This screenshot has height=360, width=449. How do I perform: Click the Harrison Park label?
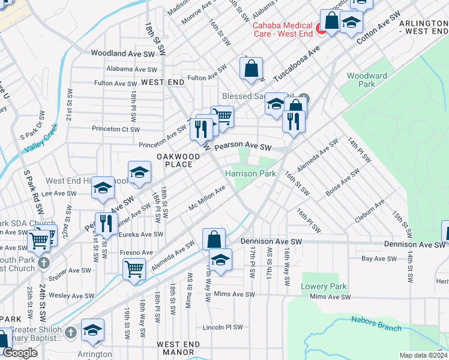click(x=250, y=173)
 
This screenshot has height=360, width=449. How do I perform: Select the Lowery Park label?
click(x=316, y=286)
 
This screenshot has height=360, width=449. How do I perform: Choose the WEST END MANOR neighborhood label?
click(x=178, y=349)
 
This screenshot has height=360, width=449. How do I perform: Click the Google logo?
click(x=20, y=352)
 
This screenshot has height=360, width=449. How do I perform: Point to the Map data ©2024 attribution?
click(x=423, y=355)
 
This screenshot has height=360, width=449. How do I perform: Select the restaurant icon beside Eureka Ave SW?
click(x=106, y=223)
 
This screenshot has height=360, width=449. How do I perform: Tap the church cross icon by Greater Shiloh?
click(x=70, y=332)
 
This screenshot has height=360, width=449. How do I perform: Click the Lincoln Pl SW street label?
click(x=223, y=328)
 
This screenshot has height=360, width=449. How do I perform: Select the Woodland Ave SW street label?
click(x=122, y=53)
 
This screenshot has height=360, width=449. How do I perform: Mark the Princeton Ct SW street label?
click(x=116, y=129)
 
